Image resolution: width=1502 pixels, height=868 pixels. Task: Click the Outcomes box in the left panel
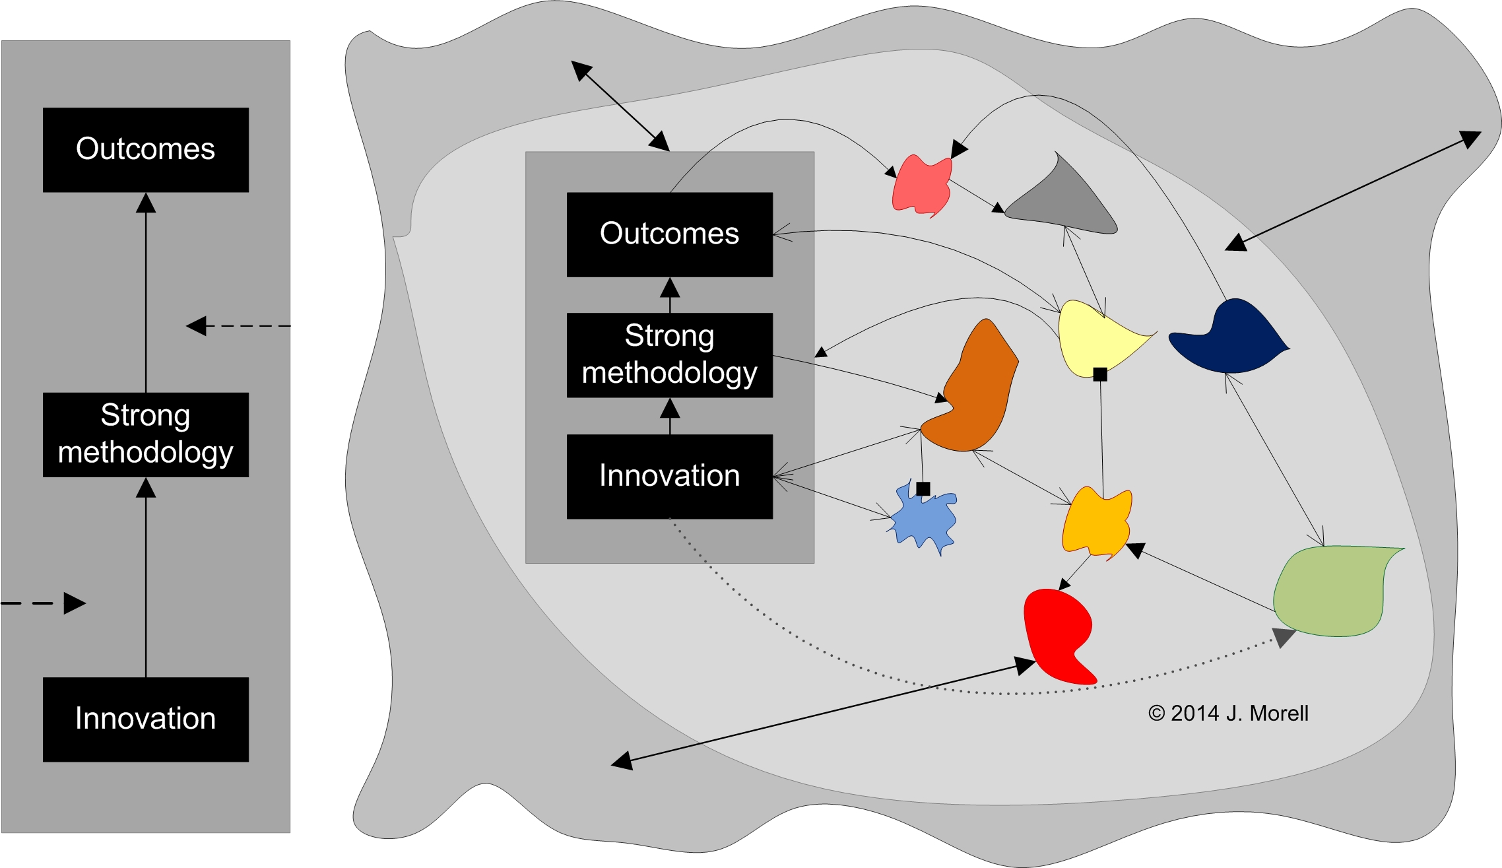(145, 150)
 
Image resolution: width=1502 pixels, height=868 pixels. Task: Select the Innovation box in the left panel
(145, 719)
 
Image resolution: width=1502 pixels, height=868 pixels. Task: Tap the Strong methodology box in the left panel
(145, 434)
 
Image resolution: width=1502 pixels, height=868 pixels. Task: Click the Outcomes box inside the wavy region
(669, 234)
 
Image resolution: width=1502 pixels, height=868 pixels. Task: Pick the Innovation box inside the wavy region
(669, 476)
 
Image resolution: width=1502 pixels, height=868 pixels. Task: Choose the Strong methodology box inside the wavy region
(669, 355)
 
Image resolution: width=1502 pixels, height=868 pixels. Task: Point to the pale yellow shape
(1092, 337)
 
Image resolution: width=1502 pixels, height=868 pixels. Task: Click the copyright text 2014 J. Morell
(1228, 714)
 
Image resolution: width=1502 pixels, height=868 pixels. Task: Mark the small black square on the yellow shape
(1100, 375)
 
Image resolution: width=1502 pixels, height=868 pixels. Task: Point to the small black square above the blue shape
(923, 488)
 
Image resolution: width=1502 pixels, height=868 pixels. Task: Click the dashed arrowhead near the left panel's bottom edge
(74, 603)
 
